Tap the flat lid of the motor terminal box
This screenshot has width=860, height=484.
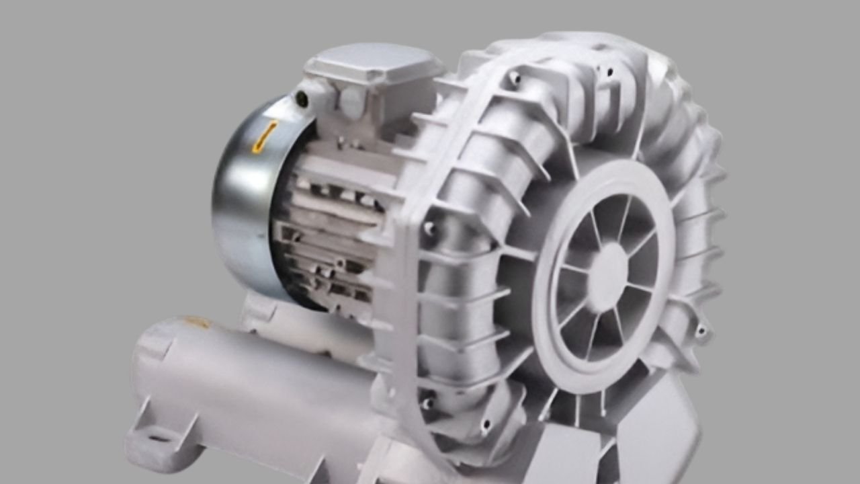[373, 64]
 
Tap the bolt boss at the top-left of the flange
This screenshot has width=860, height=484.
[515, 79]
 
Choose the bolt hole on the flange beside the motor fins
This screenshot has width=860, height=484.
[429, 229]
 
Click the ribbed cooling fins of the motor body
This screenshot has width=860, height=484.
[329, 229]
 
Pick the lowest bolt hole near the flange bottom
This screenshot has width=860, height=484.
[485, 425]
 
